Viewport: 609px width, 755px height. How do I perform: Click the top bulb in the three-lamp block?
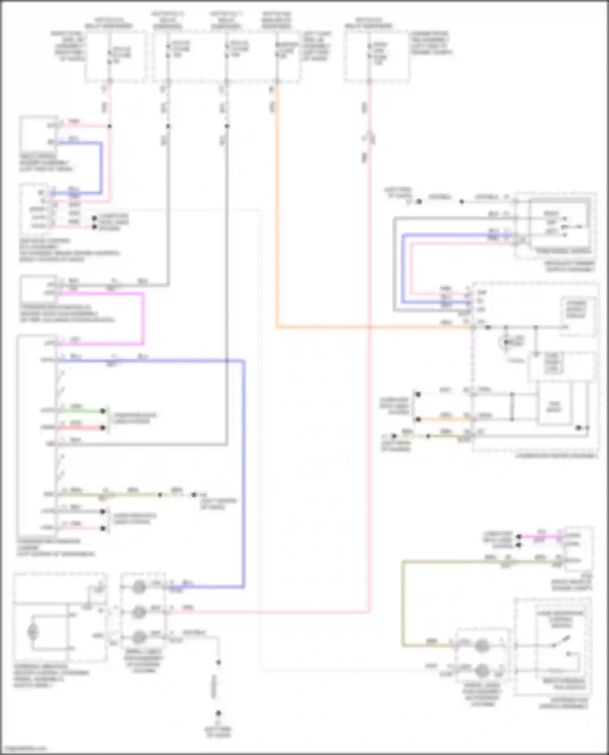click(x=139, y=586)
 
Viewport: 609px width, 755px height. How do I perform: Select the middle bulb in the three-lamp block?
click(x=139, y=611)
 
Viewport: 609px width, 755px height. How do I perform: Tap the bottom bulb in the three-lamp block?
click(x=139, y=636)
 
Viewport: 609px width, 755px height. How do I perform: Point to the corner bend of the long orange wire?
click(x=277, y=327)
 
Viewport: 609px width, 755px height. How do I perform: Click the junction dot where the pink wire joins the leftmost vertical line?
click(x=109, y=126)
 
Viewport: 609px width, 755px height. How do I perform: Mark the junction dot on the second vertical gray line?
click(x=168, y=126)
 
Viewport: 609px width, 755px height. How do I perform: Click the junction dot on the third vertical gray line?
click(x=227, y=126)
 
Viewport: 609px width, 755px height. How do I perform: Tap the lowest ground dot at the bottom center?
click(x=218, y=713)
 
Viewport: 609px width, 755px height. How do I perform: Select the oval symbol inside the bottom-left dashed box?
click(x=32, y=632)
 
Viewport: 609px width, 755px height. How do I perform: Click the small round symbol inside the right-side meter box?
click(x=506, y=343)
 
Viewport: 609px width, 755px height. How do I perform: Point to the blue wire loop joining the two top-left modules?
click(x=101, y=168)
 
